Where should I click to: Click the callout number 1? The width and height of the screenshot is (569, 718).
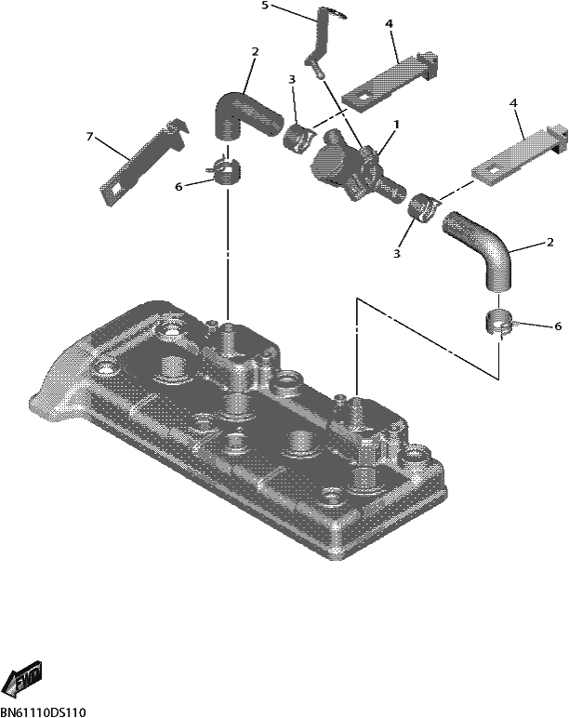(396, 124)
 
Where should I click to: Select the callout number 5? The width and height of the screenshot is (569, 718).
(265, 6)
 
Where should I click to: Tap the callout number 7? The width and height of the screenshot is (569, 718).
(90, 136)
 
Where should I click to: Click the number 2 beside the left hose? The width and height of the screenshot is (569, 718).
(255, 52)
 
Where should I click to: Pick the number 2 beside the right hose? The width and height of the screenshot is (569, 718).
(549, 242)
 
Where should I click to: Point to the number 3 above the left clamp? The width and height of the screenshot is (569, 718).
(292, 79)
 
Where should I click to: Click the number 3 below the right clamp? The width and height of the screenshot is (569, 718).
(396, 253)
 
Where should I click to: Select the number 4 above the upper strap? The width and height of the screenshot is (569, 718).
(390, 23)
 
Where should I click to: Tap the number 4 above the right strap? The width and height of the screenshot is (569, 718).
(513, 103)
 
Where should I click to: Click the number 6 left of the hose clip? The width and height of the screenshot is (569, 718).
(179, 187)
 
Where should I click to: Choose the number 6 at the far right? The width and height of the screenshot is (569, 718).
(558, 326)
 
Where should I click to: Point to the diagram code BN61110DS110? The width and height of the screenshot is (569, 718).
(43, 712)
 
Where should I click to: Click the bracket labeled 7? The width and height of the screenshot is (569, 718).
(143, 163)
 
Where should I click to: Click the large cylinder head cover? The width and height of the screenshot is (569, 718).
(238, 431)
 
